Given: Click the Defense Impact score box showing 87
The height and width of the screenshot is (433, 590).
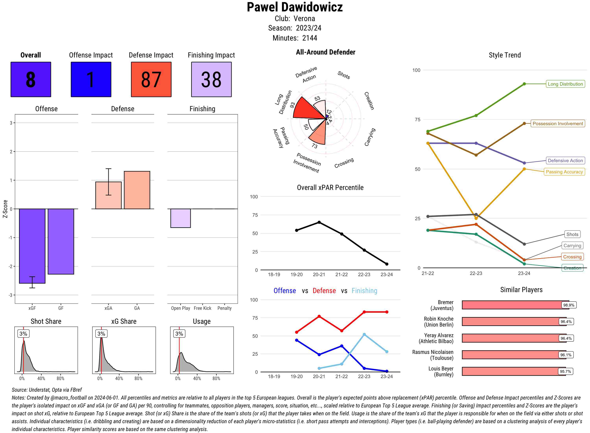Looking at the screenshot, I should [x=151, y=80].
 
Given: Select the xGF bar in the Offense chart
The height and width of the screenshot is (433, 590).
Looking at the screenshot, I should [x=32, y=246].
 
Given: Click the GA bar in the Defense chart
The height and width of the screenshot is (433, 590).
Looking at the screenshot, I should [x=137, y=190].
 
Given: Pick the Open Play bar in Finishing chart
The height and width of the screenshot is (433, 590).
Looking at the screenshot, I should [x=180, y=218].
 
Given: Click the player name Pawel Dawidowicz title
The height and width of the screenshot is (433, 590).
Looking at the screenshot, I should [x=295, y=7].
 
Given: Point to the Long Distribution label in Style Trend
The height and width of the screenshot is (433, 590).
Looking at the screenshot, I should [x=565, y=84].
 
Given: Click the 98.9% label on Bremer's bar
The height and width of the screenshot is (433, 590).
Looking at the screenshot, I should [x=569, y=305].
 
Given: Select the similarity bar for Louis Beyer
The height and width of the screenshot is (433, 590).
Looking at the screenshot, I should [x=513, y=371].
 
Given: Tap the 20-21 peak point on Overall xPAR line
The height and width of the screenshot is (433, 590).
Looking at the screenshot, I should [x=319, y=222].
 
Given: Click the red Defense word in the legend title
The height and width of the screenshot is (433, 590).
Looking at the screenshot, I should [x=324, y=291].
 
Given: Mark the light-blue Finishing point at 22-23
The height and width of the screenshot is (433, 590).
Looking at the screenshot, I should [x=364, y=334].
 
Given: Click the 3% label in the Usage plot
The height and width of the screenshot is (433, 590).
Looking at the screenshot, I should [x=179, y=334].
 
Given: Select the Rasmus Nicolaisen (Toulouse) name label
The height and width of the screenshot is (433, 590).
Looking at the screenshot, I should [x=433, y=355].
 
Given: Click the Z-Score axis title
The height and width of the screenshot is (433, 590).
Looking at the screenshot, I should [x=5, y=209].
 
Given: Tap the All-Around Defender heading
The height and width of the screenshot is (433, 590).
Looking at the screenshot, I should [x=325, y=52].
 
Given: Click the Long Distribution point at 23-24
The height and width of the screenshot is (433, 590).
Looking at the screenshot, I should [x=524, y=84].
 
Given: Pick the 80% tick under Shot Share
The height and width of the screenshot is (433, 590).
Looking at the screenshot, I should [x=60, y=378].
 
